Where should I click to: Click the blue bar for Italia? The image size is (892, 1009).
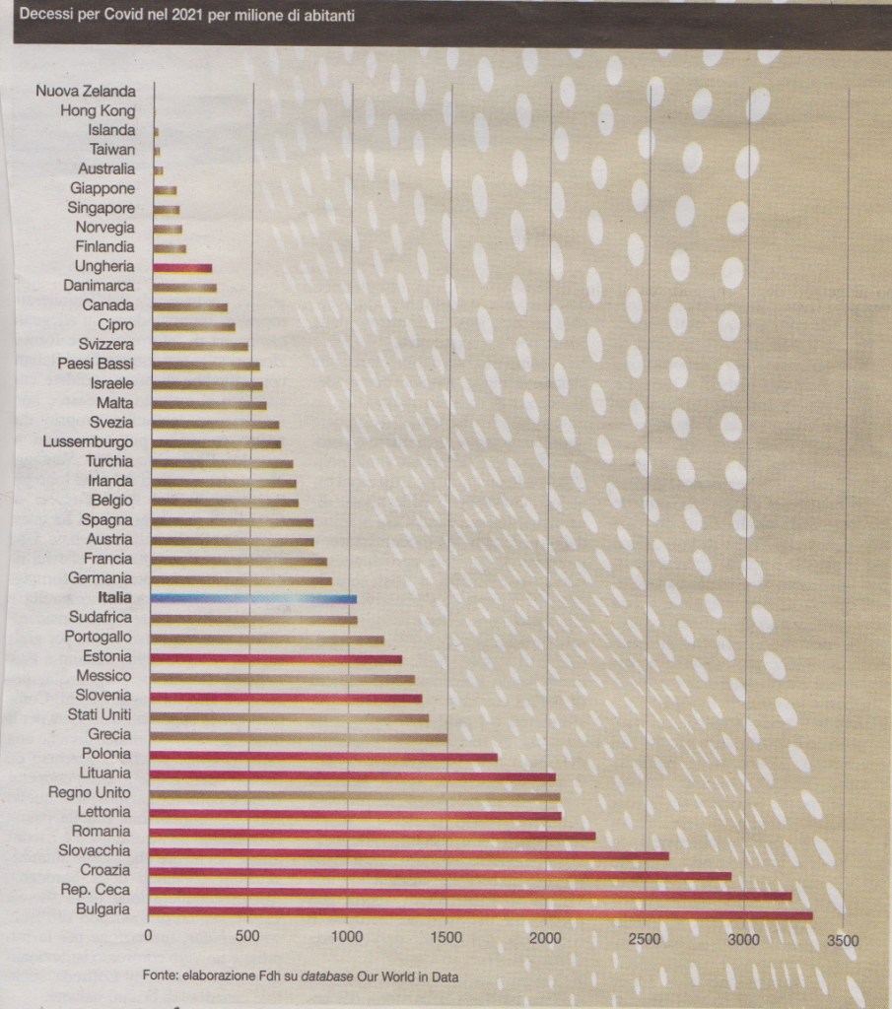click(x=253, y=598)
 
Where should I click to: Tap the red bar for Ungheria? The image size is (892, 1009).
click(x=182, y=267)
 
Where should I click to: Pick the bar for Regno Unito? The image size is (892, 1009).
click(x=356, y=794)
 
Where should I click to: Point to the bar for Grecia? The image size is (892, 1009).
click(x=300, y=736)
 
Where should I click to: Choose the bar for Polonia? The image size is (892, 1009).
click(x=324, y=757)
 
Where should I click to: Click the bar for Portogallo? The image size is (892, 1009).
click(x=268, y=639)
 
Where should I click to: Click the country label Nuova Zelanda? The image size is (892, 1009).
click(x=86, y=92)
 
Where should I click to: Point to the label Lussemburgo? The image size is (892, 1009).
click(x=87, y=441)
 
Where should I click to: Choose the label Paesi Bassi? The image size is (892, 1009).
click(x=95, y=364)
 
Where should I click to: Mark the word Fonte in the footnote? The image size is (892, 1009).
click(x=160, y=976)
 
